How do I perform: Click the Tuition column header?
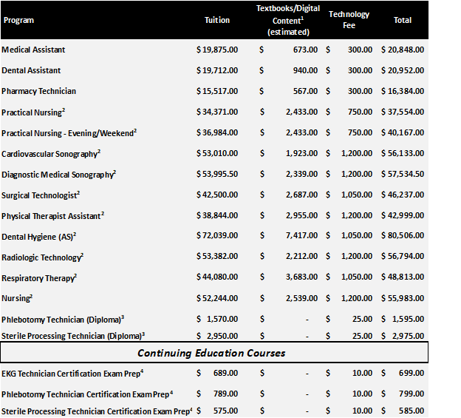[x=216, y=20]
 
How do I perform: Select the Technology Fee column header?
[x=349, y=20]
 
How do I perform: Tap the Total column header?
[x=403, y=20]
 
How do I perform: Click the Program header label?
[x=18, y=20]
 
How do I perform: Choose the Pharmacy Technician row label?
[x=38, y=91]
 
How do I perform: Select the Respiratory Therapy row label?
[x=39, y=278]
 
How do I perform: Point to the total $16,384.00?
[x=403, y=91]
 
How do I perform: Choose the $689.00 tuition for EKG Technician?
[x=222, y=373]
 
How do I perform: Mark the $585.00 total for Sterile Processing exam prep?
[x=409, y=411]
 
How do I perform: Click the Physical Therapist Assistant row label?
[x=52, y=215]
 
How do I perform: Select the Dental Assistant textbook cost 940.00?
[x=306, y=70]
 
